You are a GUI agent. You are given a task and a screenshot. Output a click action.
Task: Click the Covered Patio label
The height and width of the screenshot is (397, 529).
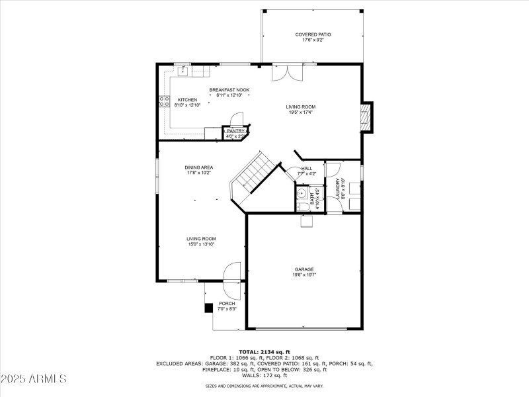click(313, 34)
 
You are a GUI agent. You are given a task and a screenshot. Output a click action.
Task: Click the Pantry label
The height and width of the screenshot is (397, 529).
click(235, 131)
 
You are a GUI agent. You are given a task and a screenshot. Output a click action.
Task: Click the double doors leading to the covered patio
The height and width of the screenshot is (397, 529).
click(288, 72)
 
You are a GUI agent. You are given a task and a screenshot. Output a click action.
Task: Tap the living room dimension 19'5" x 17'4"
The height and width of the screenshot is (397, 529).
click(300, 112)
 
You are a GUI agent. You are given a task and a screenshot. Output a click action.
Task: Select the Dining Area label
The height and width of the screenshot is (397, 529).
click(198, 167)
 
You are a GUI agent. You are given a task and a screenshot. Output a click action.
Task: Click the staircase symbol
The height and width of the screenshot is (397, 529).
click(252, 175)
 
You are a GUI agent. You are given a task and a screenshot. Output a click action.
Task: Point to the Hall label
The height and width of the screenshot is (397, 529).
click(307, 168)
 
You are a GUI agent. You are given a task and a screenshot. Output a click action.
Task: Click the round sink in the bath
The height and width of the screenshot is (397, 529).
click(301, 193)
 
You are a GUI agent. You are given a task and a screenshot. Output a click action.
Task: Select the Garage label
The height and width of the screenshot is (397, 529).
click(304, 269)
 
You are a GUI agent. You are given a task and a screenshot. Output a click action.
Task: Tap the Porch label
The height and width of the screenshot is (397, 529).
click(227, 304)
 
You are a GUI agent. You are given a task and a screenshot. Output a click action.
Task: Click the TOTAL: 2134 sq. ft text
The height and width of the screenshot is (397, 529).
click(264, 351)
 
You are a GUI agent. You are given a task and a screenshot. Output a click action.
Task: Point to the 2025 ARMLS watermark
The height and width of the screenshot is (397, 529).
click(34, 379)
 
